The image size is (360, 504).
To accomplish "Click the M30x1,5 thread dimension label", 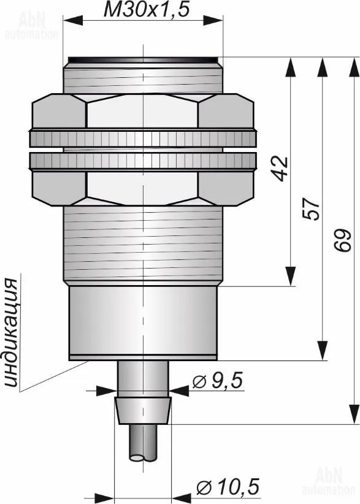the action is pyautogui.click(x=145, y=10).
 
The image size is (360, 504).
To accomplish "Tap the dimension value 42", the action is pyautogui.click(x=280, y=169).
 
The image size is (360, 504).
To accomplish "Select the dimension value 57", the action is pyautogui.click(x=311, y=208).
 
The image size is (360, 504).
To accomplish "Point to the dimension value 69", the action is pyautogui.click(x=341, y=240).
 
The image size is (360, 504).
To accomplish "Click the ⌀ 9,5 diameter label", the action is pyautogui.click(x=218, y=381).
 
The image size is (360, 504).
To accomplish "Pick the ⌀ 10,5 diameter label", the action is pyautogui.click(x=228, y=486).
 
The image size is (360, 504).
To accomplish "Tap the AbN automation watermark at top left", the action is pyautogui.click(x=31, y=26).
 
